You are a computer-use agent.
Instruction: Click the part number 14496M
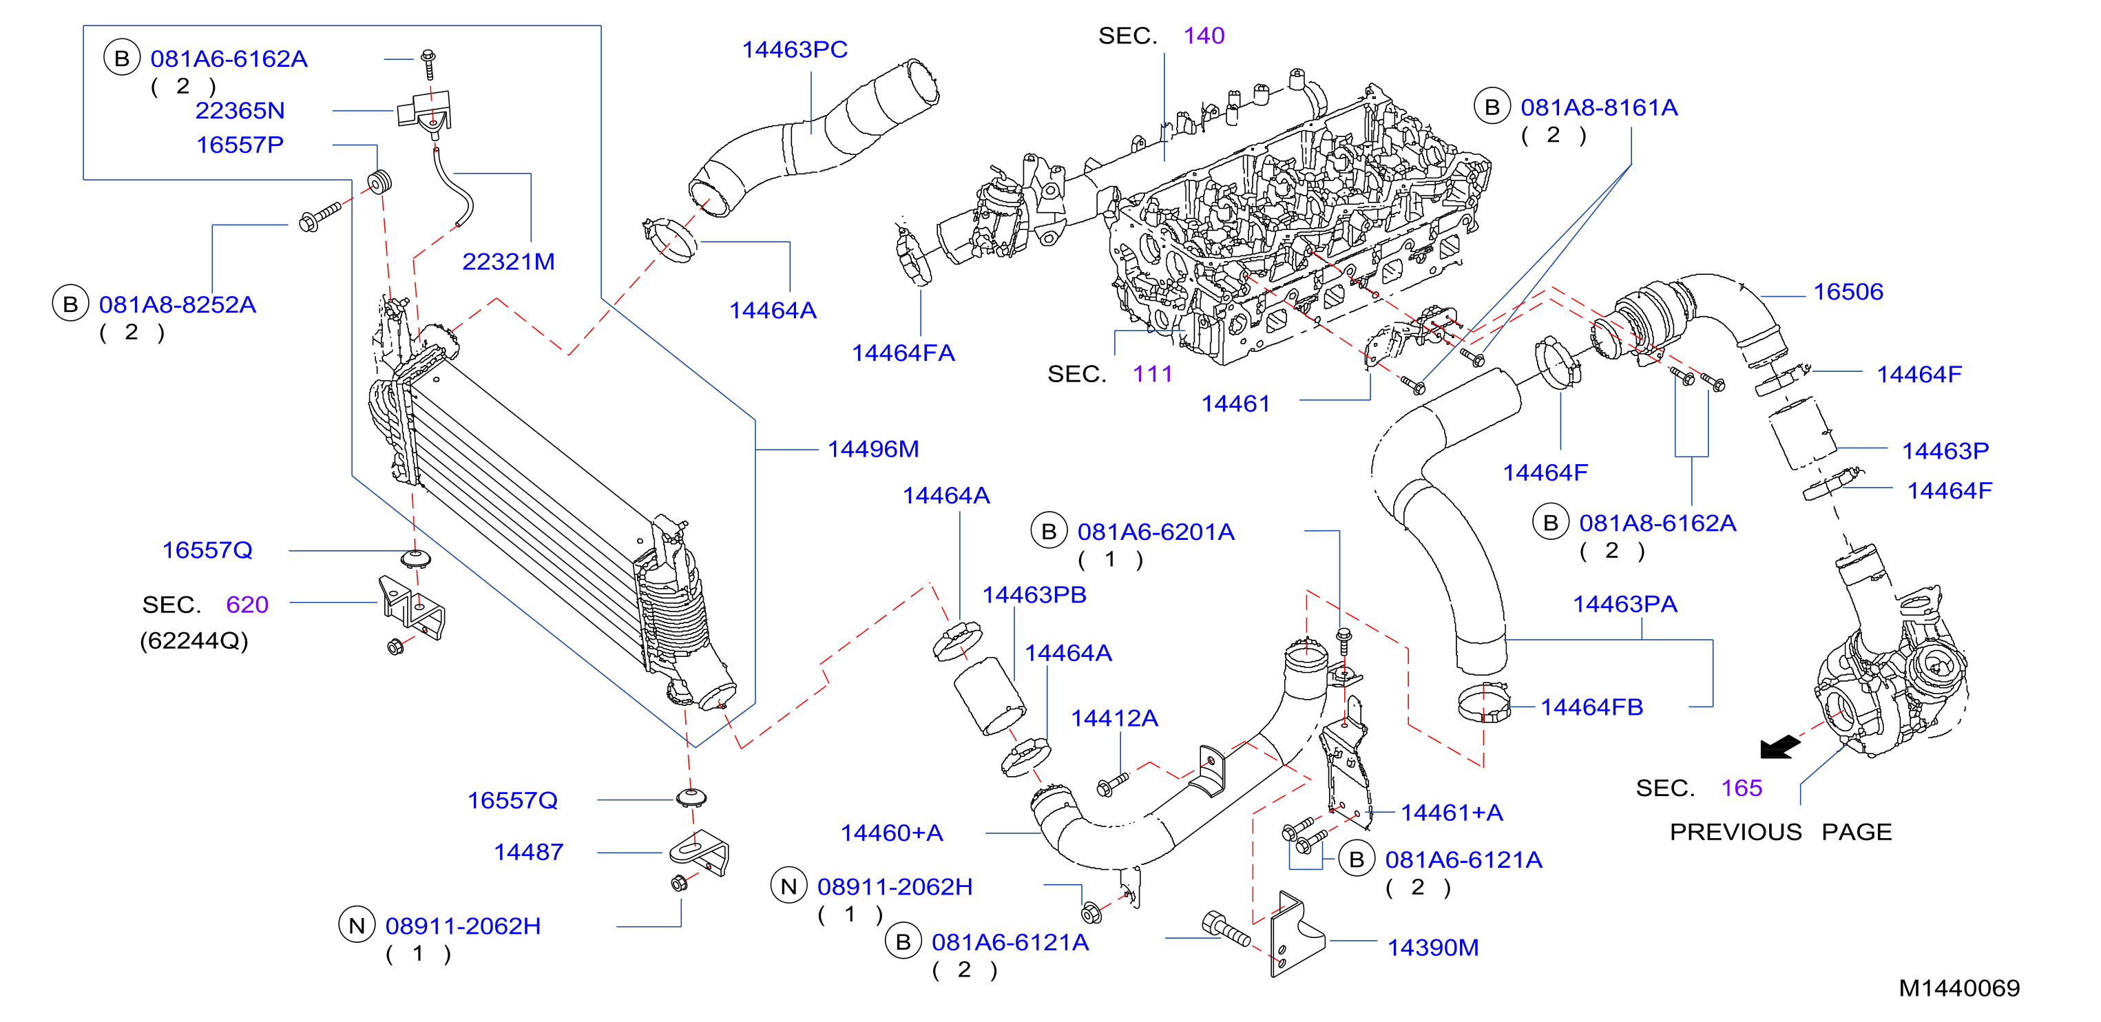pos(872,450)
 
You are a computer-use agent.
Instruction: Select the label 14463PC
pos(795,50)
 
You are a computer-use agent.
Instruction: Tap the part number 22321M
pos(508,262)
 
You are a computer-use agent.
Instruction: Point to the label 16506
pos(1848,292)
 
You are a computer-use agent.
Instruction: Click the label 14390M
pos(1433,948)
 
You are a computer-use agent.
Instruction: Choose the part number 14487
pos(528,853)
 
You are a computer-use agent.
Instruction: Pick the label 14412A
pos(1114,718)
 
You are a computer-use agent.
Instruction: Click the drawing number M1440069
pos(1959,988)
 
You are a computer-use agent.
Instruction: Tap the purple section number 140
pos(1204,36)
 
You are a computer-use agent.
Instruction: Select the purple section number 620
pos(247,605)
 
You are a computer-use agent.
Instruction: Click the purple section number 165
pos(1742,789)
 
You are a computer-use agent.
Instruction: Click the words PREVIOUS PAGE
pos(1781,832)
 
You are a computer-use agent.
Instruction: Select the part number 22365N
pos(240,111)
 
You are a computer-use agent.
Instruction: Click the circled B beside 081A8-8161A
pos(1492,107)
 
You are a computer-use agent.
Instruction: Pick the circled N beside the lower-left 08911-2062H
pos(357,926)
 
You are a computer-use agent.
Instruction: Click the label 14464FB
pos(1591,708)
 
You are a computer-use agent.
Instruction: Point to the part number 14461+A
pos(1452,813)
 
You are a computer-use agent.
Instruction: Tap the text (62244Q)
pos(194,641)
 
